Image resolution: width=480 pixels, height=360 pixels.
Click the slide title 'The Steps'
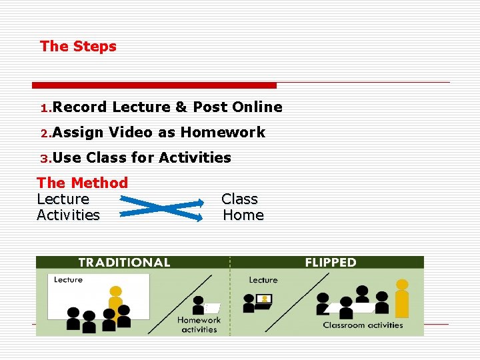(78, 47)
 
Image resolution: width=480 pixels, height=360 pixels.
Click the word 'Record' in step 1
(80, 107)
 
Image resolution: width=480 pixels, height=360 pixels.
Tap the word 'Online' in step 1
(257, 107)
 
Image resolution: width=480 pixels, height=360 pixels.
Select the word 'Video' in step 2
(131, 133)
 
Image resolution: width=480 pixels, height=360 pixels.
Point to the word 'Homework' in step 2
(223, 133)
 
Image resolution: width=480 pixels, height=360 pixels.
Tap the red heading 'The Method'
(82, 183)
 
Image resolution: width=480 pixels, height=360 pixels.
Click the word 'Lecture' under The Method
(63, 199)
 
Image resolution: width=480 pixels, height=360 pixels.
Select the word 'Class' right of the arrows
(239, 199)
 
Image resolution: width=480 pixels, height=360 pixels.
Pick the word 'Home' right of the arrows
(243, 215)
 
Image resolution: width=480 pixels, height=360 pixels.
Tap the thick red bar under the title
(154, 85)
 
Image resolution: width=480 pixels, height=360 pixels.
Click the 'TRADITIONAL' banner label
(124, 263)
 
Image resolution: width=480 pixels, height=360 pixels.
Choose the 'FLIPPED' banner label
(331, 263)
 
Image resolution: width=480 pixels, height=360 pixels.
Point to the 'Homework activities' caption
(199, 325)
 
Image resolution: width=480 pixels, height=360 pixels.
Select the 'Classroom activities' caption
(363, 325)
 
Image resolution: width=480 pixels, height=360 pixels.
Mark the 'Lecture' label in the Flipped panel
(263, 280)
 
